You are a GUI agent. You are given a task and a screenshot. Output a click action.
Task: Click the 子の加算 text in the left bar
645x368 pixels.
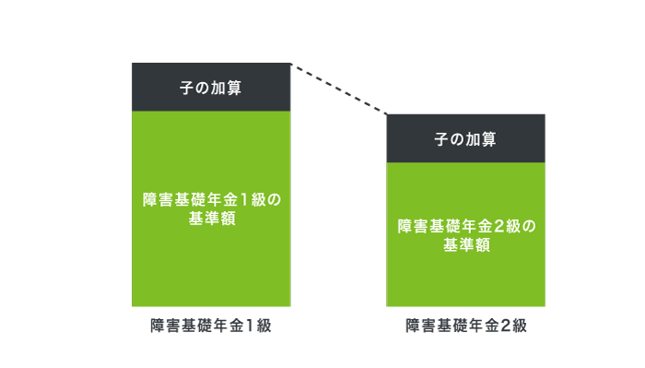coord(211,89)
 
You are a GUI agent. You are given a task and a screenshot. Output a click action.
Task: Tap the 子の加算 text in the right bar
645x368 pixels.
coord(465,139)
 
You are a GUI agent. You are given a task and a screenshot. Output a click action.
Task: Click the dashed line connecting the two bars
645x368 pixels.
coord(338,89)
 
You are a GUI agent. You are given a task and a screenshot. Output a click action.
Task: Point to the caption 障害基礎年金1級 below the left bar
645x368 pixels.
coord(211,326)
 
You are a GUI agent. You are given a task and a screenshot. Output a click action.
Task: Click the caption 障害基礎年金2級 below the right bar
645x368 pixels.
coord(465,326)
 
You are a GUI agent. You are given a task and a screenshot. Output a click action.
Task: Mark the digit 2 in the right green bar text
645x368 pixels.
coord(498,226)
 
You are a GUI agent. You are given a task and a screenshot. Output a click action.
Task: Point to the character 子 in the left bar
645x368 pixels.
coord(185,89)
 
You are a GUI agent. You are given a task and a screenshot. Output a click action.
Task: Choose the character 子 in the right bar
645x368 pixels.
coord(440,139)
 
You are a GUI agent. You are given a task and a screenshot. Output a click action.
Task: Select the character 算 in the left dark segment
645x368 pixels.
coord(237,89)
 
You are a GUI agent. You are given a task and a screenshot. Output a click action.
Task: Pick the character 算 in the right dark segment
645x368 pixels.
coord(491,139)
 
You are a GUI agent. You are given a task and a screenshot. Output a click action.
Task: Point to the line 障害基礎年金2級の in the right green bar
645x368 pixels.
coord(465,226)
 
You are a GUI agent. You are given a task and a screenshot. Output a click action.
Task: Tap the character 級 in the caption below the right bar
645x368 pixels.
coord(519,326)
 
